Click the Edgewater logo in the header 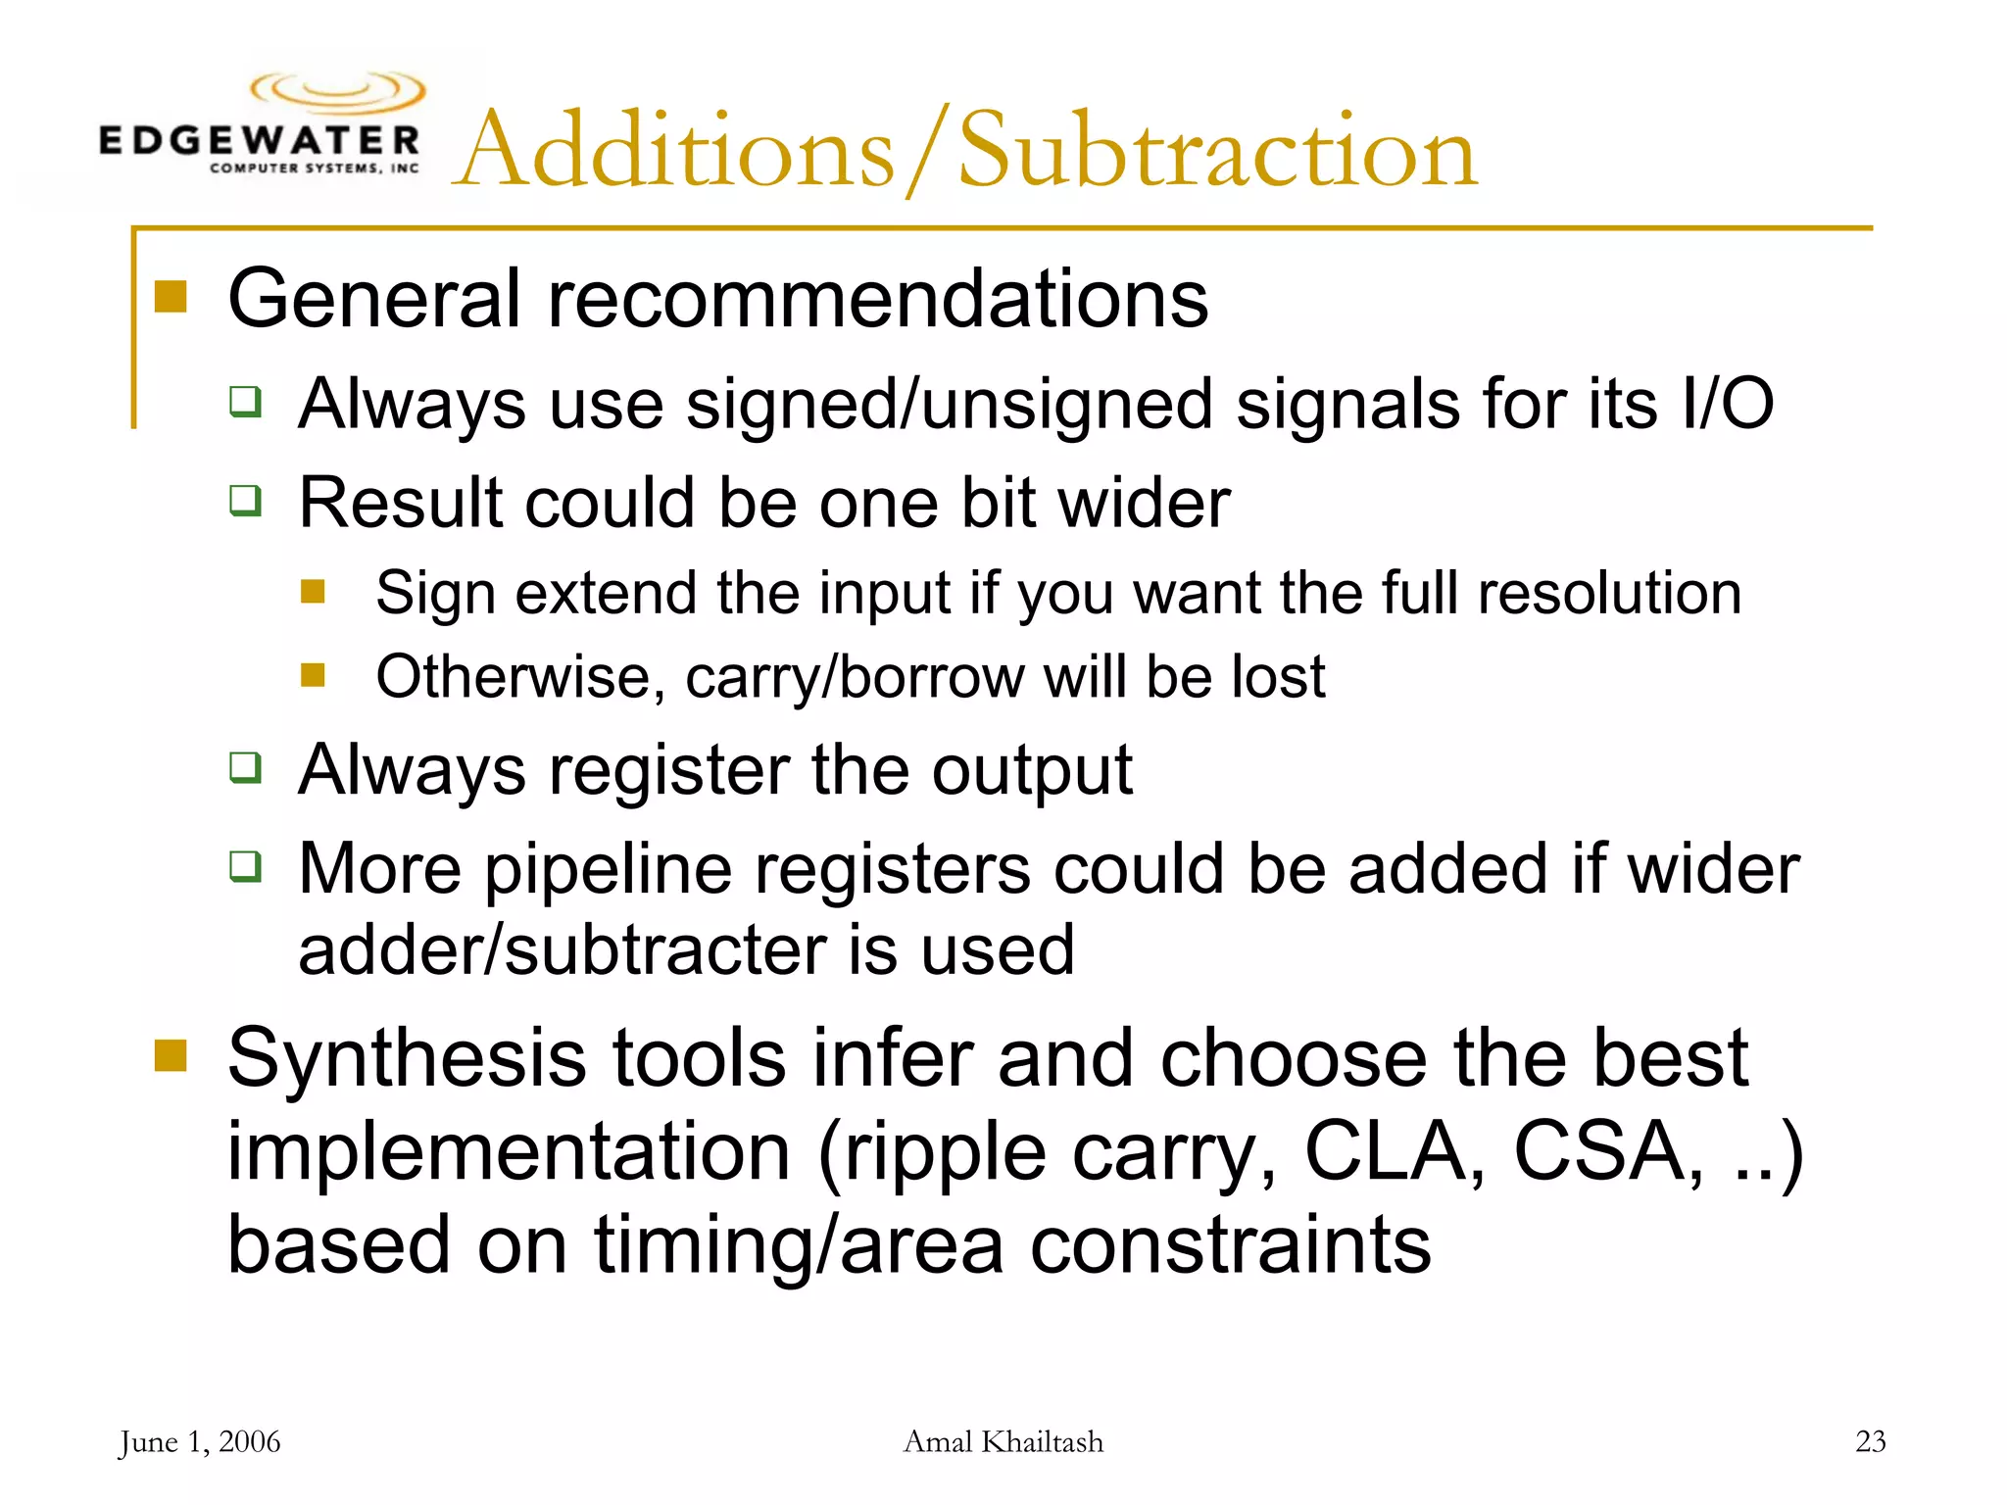261,125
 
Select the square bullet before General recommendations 171,296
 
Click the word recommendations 878,298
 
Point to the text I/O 1726,403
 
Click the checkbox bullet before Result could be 245,501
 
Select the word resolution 1609,593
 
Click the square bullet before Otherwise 313,675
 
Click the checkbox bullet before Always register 245,768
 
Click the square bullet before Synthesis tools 171,1056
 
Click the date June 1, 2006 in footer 200,1442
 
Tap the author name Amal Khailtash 1003,1442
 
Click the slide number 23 1870,1441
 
